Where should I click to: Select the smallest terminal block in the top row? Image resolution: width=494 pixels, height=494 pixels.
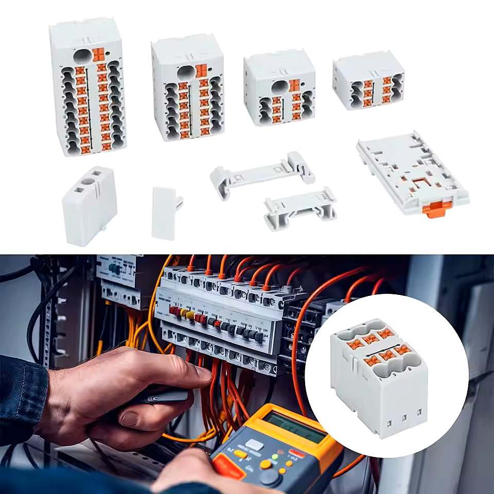pos(368,80)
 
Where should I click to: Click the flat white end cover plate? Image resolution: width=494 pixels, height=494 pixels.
pos(165,213)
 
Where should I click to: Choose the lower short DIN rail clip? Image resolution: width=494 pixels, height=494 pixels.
pos(300,207)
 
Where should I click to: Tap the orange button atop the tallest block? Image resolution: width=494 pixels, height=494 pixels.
pos(98,54)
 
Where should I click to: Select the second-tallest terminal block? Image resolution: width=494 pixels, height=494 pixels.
pos(187,87)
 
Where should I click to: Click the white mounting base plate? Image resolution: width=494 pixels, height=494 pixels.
pos(412,172)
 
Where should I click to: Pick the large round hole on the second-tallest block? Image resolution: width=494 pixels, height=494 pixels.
pos(185,72)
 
